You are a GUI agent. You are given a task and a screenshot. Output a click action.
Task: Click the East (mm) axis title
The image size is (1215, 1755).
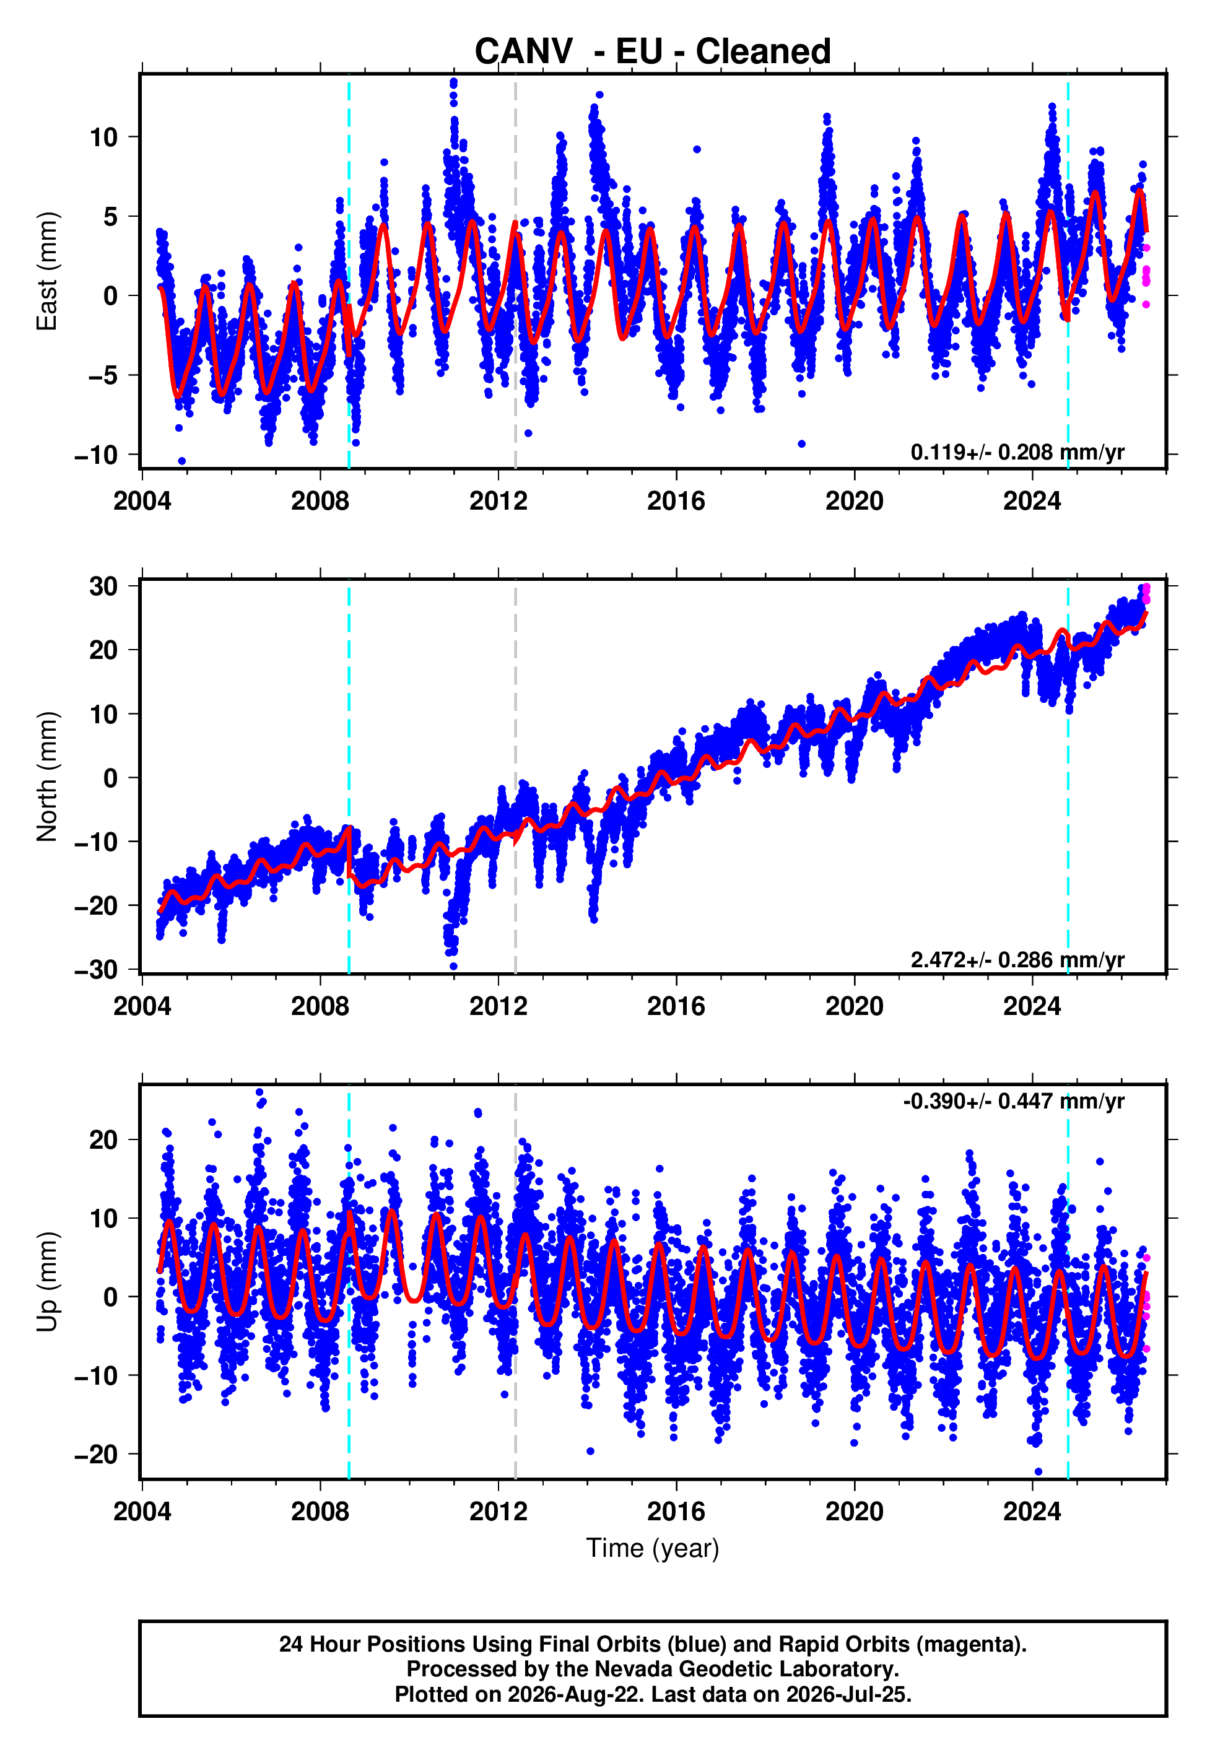coord(47,271)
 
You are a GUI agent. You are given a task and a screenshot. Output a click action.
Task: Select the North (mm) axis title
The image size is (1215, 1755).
coord(47,777)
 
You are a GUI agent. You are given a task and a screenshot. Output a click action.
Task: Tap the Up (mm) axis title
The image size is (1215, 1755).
coord(47,1282)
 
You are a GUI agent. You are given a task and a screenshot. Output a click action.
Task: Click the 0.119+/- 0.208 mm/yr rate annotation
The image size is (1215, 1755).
coord(1017,452)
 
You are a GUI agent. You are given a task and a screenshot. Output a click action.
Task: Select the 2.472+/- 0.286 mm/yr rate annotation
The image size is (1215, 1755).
coord(1017,960)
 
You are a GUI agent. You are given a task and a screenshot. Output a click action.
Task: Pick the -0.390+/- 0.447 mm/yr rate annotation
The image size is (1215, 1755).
coord(1013,1101)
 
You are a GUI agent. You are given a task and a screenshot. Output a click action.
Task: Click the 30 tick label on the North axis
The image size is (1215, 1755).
coord(103,586)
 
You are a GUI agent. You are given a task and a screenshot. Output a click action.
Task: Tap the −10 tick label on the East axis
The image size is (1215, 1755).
coord(96,455)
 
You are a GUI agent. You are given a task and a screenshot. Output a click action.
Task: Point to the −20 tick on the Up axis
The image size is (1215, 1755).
coord(96,1455)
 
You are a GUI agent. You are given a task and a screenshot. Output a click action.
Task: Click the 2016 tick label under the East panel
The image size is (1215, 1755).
coord(676,501)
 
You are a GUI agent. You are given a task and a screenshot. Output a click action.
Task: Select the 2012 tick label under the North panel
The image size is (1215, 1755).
coord(498,1006)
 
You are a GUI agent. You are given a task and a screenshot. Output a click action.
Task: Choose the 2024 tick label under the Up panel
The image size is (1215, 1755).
coord(1032,1512)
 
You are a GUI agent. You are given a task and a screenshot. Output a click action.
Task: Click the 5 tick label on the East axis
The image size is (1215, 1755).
coord(111,217)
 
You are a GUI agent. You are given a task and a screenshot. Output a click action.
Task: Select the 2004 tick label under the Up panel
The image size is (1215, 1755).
coord(142,1512)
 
